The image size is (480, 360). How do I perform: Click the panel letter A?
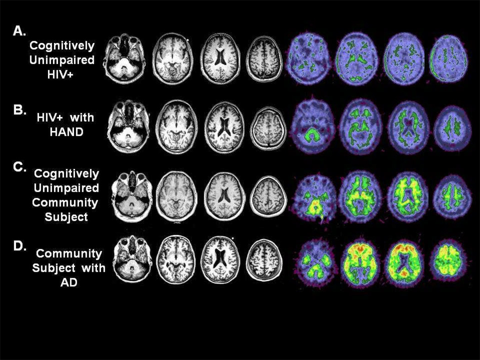click(x=20, y=31)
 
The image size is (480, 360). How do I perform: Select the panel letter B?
click(x=20, y=110)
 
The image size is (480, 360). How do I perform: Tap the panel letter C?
click(x=20, y=167)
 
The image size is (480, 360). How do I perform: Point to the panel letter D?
click(x=20, y=246)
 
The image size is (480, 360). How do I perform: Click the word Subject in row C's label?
click(x=66, y=217)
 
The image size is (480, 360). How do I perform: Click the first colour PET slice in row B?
click(x=314, y=127)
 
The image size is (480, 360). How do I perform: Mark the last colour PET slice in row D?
click(x=447, y=261)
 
